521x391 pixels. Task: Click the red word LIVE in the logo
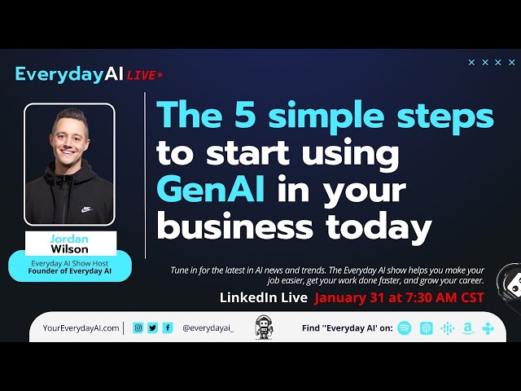[143, 75]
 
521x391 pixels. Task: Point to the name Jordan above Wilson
[70, 239]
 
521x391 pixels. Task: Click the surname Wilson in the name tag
[70, 249]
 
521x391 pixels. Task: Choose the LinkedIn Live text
[264, 297]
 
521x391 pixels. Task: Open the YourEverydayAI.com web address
[81, 328]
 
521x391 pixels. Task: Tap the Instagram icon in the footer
[138, 327]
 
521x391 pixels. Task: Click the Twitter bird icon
[153, 327]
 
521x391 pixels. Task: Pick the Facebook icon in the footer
[168, 327]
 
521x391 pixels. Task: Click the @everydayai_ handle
[208, 328]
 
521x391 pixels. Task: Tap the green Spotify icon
[405, 328]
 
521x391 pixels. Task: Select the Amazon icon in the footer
[468, 328]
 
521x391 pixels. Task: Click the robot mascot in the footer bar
[264, 327]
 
